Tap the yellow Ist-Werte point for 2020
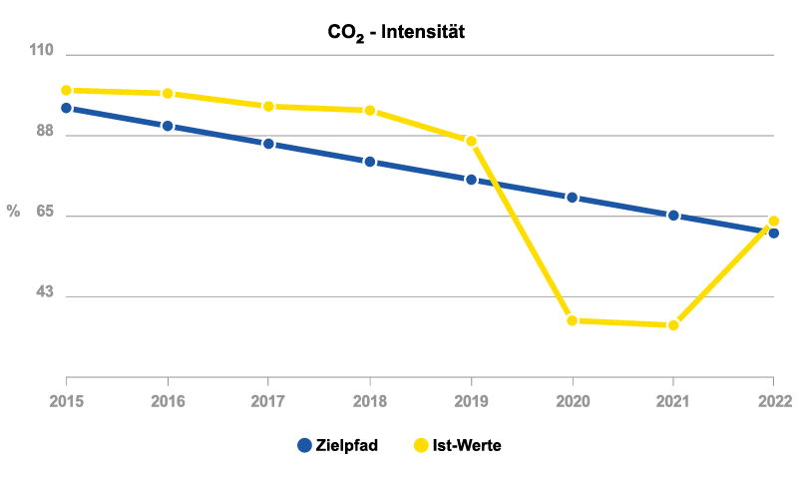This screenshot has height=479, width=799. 573,320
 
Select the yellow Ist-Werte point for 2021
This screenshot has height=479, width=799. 673,325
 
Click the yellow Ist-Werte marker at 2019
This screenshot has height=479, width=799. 472,141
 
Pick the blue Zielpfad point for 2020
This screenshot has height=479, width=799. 573,198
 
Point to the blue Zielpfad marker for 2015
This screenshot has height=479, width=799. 67,108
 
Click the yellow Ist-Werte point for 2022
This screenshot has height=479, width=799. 773,221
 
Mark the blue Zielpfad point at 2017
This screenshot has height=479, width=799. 268,144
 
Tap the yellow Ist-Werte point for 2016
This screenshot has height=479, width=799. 168,94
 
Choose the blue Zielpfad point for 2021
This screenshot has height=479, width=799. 673,216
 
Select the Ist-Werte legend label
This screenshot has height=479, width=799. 467,445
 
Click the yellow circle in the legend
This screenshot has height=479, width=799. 421,445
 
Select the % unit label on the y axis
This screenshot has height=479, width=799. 13,211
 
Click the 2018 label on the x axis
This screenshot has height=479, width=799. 370,401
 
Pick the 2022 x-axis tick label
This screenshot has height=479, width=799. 773,401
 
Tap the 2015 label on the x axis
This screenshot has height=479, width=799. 67,401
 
